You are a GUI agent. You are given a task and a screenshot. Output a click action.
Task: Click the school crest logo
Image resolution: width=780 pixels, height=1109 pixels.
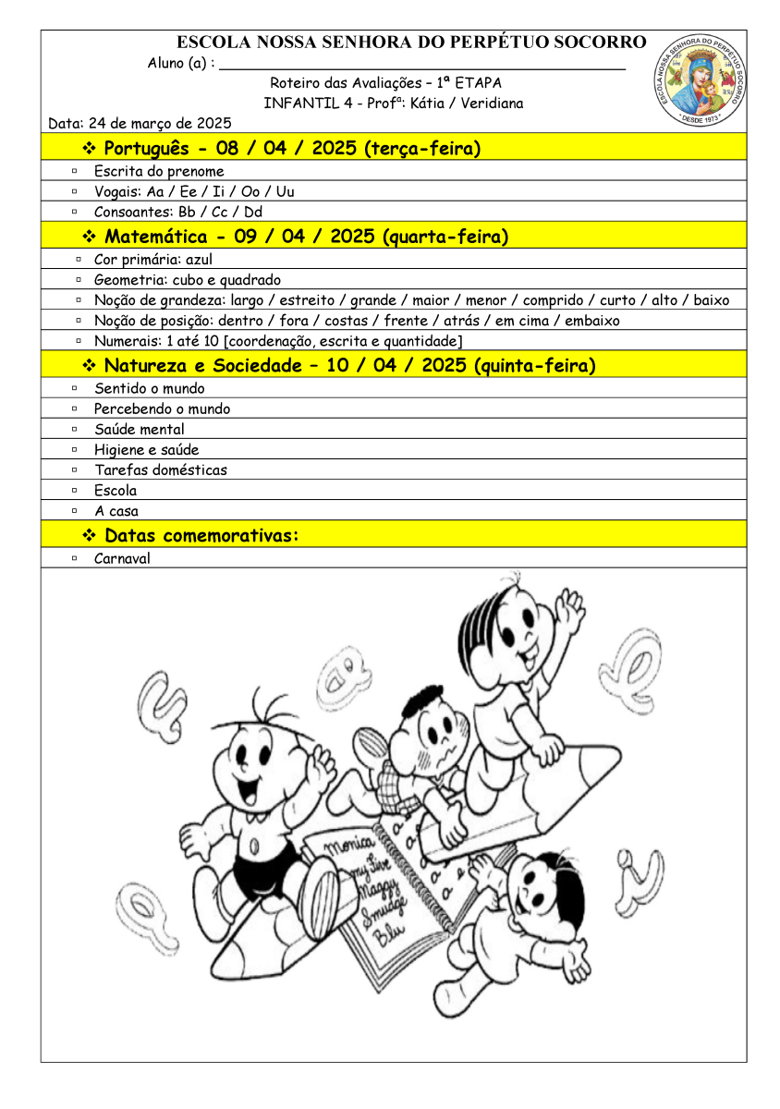(700, 80)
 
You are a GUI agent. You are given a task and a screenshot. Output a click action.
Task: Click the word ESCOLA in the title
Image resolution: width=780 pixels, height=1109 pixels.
(213, 43)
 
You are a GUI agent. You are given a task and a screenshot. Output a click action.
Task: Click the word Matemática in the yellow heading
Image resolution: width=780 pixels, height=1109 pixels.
(156, 237)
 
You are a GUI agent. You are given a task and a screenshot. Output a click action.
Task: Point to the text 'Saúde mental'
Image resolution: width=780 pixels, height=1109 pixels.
(139, 430)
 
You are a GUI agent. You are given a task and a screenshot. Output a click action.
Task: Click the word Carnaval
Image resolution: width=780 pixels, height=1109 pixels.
(122, 559)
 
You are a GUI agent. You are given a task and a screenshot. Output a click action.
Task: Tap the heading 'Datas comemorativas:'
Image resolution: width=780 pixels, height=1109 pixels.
(202, 536)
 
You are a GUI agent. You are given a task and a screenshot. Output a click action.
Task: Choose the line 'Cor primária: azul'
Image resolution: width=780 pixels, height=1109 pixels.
(153, 261)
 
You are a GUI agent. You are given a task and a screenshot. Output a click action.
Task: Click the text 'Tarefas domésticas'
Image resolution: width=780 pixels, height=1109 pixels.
(160, 470)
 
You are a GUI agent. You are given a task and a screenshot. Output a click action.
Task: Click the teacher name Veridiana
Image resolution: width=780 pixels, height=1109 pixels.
(493, 104)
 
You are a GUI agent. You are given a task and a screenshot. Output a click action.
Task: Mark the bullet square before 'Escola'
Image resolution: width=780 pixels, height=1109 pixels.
(74, 491)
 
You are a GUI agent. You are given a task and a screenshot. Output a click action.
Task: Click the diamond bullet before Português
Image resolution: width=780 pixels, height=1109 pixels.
(91, 150)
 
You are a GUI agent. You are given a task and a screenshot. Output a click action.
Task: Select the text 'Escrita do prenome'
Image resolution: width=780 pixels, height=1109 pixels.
(159, 172)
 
